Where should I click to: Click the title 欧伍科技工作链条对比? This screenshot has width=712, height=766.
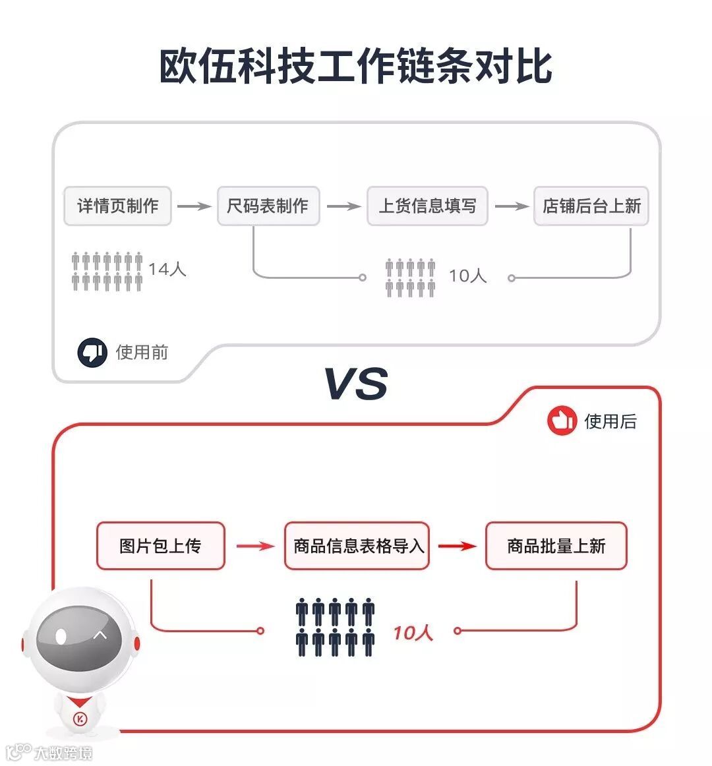(356, 66)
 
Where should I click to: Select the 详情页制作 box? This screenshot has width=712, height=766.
(117, 206)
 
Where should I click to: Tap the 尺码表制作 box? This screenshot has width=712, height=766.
(268, 206)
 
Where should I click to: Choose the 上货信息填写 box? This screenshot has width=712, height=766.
(427, 206)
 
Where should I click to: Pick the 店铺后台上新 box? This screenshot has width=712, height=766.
(591, 206)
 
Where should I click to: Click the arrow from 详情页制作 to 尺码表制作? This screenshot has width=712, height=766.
(194, 206)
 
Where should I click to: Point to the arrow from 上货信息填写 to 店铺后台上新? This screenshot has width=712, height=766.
(512, 206)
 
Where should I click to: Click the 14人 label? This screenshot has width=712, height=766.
(167, 269)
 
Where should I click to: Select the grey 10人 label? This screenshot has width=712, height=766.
(467, 276)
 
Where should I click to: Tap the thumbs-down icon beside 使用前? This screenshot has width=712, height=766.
(92, 353)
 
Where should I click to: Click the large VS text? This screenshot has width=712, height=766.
(356, 384)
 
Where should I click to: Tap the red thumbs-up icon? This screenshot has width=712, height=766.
(562, 421)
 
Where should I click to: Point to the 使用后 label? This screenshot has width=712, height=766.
(610, 421)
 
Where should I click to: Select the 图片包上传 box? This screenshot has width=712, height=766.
(160, 546)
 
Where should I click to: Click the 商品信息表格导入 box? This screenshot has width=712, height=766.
(357, 546)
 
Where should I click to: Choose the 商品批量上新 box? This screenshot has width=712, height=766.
(556, 546)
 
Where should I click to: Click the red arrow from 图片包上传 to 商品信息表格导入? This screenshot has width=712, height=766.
(255, 546)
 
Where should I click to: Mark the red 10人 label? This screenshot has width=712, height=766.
(413, 633)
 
